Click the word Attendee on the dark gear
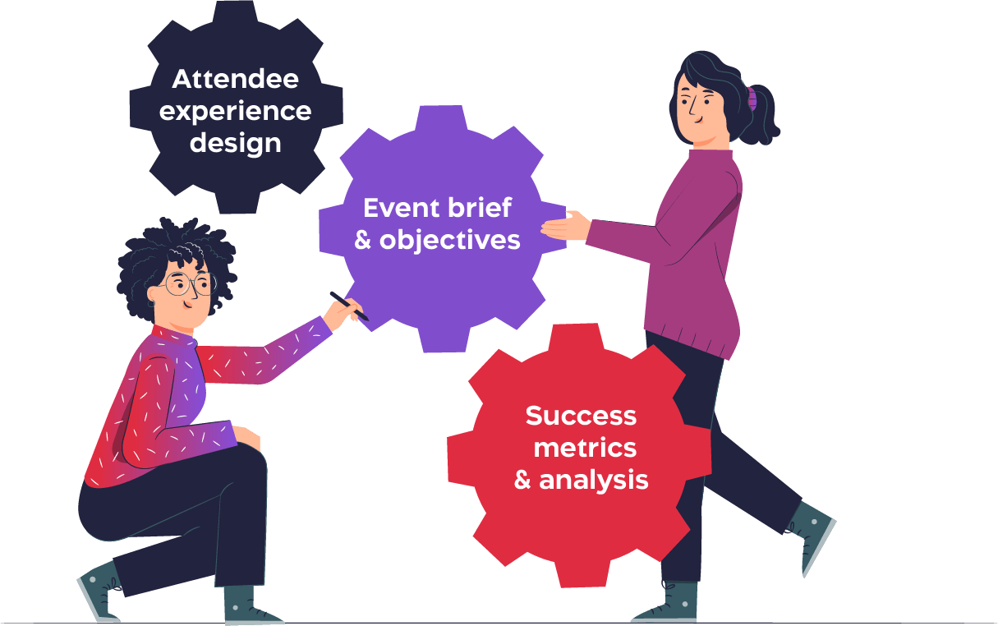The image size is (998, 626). (235, 80)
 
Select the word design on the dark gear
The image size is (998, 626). (235, 143)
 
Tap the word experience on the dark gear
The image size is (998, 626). (235, 111)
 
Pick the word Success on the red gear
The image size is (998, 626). (581, 416)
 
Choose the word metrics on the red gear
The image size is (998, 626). (584, 448)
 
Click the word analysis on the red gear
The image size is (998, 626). (594, 480)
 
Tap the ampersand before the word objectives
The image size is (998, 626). (363, 241)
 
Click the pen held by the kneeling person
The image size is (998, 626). (348, 305)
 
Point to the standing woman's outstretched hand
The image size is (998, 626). (567, 226)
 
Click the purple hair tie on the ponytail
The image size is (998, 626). (752, 99)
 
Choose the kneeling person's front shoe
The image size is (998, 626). (247, 605)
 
